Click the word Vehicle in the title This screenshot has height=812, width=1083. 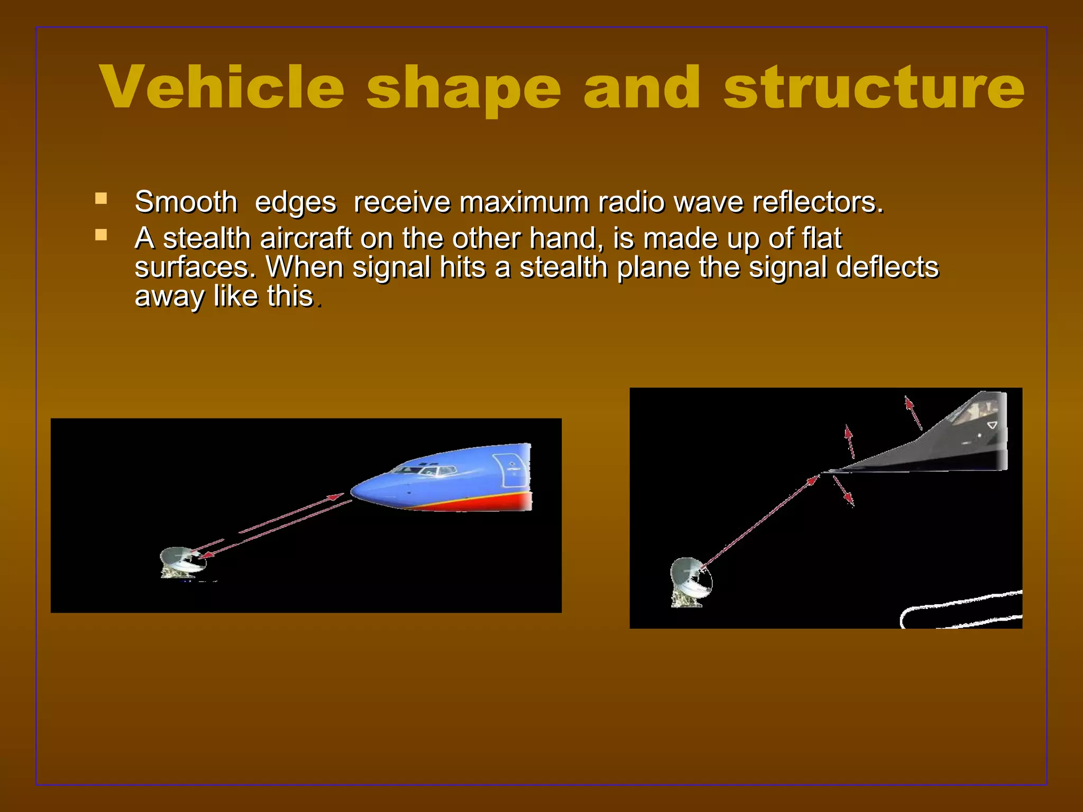point(222,87)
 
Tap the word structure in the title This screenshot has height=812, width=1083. point(874,87)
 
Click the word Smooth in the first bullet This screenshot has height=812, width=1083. point(186,202)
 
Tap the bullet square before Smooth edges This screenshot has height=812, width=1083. point(101,199)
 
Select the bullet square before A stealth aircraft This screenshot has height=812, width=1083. point(101,235)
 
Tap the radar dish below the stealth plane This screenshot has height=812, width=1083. point(690,580)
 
